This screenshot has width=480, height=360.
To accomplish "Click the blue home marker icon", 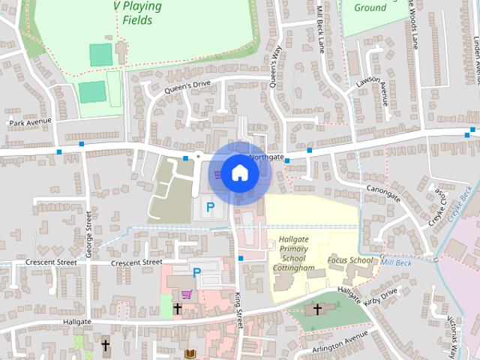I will (239, 172).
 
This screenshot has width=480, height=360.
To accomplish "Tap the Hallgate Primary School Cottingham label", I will (293, 253).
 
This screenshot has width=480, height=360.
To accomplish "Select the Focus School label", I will (349, 261).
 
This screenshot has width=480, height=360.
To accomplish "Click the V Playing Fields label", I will (137, 13).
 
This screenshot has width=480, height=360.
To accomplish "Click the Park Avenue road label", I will (30, 121).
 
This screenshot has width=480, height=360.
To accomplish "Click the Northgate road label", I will (266, 157).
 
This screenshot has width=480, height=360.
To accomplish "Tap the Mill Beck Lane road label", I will (322, 30).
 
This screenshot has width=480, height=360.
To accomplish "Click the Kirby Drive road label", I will (380, 297).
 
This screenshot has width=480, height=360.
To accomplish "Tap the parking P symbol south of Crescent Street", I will (196, 273).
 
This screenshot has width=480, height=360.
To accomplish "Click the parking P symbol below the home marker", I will (211, 205).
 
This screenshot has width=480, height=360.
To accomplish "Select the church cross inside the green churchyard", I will (317, 308).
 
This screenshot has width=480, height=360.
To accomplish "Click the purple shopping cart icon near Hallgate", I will (186, 295).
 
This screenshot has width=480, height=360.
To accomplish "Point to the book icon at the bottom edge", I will (190, 352).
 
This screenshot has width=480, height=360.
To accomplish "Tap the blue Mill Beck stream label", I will (397, 262).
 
